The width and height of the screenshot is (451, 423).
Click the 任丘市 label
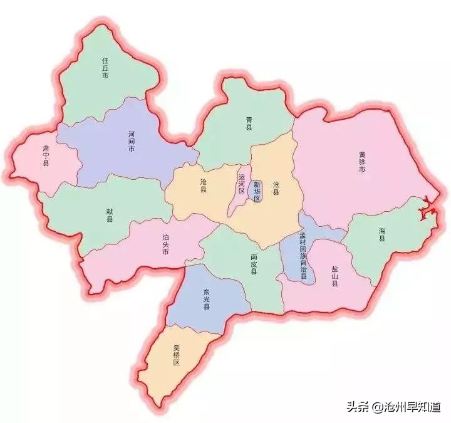[x=106, y=68]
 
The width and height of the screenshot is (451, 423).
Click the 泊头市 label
[x=166, y=244]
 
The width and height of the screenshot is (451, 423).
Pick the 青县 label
[x=249, y=127]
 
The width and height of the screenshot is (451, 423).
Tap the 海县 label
[x=382, y=234]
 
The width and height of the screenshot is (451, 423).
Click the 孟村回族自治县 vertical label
[x=303, y=256]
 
